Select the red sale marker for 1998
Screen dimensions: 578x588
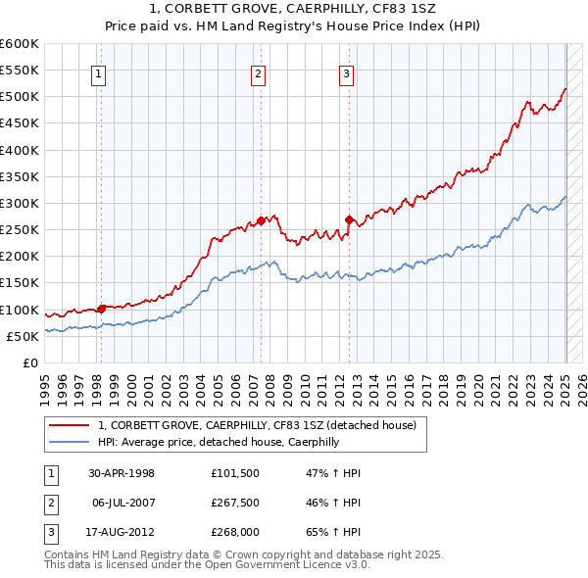(102, 309)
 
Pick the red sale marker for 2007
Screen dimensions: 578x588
(262, 220)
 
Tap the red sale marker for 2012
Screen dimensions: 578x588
(349, 220)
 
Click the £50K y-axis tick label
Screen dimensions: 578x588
(23, 336)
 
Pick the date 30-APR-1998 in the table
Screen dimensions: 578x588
(122, 473)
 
